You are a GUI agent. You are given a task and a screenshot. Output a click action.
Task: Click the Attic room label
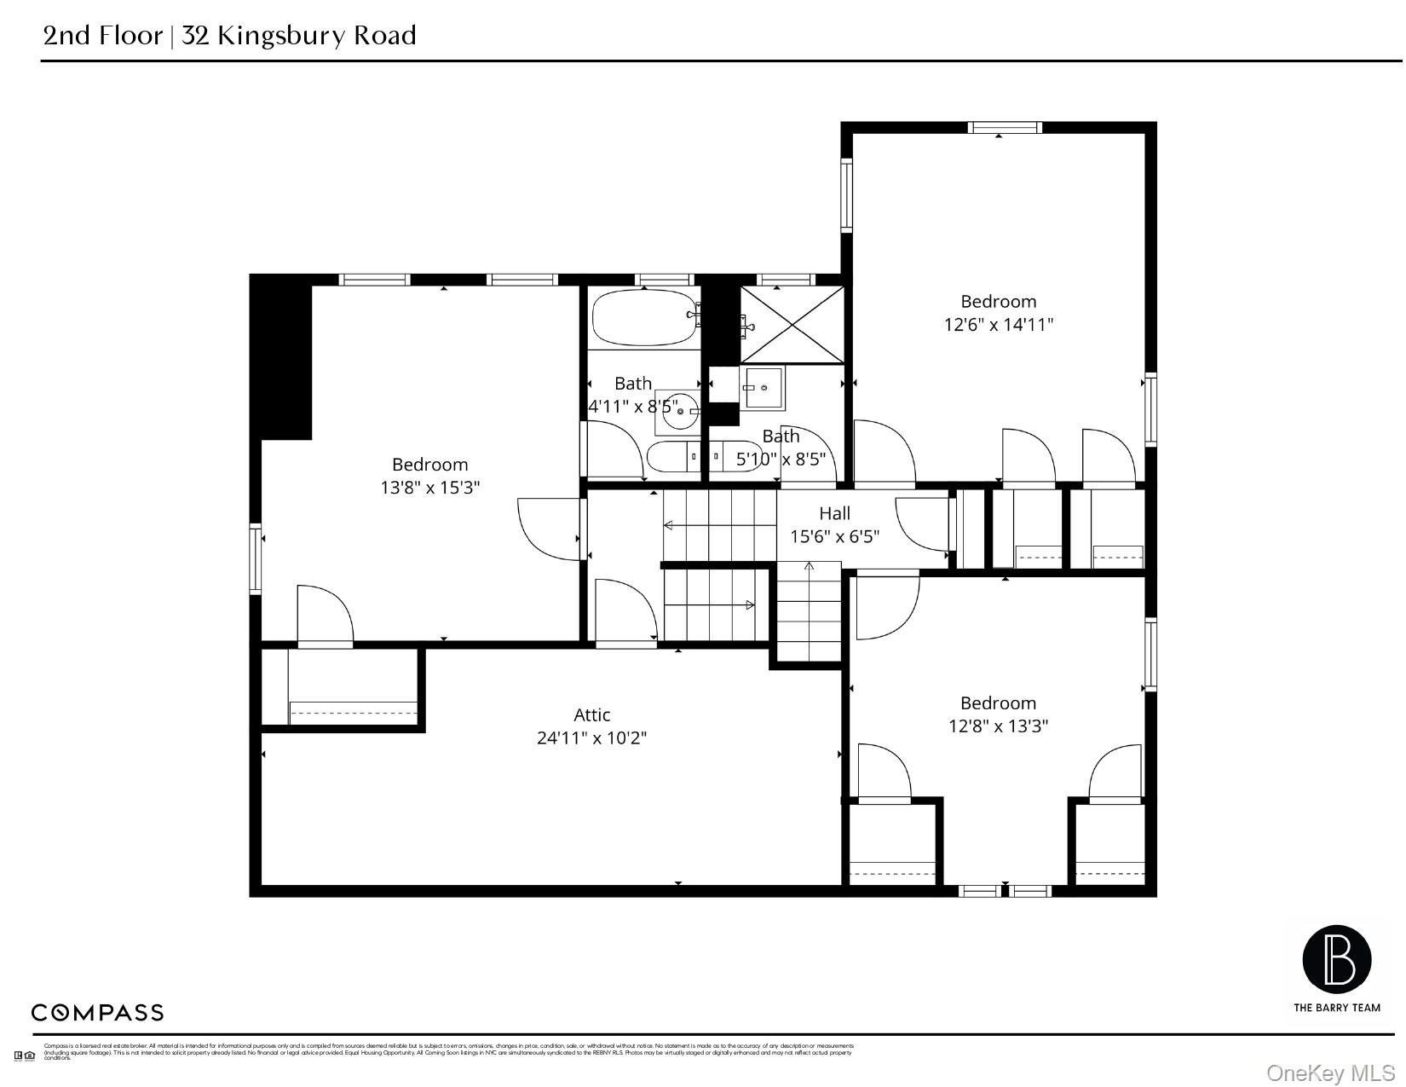point(591,714)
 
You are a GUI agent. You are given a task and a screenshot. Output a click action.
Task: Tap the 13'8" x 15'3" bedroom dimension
point(429,488)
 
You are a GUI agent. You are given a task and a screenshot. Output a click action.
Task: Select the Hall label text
point(834,513)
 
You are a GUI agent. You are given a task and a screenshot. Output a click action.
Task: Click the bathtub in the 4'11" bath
point(643,318)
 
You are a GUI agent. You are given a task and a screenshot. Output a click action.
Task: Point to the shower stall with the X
point(792,325)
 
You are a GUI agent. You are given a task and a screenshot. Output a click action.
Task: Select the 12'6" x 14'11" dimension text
point(998,325)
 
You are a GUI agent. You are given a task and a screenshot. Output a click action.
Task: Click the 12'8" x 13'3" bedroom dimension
point(998,726)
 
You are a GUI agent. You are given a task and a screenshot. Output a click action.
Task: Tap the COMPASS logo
point(97,1013)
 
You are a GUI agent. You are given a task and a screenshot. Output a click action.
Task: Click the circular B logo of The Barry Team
point(1336,959)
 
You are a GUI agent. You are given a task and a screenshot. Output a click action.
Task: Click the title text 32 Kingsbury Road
point(298,36)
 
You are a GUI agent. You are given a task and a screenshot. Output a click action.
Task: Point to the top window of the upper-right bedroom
point(1005,128)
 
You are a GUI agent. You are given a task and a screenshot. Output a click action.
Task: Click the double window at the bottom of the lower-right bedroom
point(1005,891)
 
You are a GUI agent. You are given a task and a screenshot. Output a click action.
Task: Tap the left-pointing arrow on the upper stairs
point(670,525)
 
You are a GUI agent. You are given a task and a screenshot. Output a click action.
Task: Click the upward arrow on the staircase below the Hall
point(809,565)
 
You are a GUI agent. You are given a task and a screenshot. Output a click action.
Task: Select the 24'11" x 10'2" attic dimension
point(591,738)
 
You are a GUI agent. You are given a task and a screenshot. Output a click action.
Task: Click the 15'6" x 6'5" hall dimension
point(834,537)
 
